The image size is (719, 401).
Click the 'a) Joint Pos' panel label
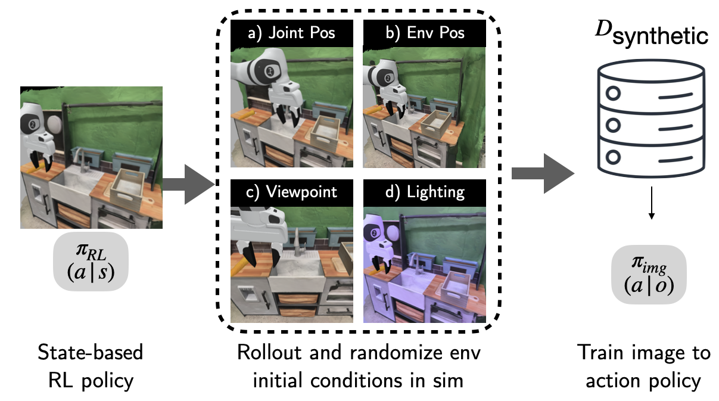pyautogui.click(x=291, y=33)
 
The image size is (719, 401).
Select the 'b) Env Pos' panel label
pyautogui.click(x=424, y=33)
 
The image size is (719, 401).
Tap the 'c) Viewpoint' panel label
pyautogui.click(x=291, y=192)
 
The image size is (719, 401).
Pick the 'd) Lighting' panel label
pyautogui.click(x=424, y=192)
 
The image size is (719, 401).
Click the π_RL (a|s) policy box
pyautogui.click(x=91, y=262)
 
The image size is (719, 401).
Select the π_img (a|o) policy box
pyautogui.click(x=649, y=275)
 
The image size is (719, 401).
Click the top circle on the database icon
pyautogui.click(x=613, y=94)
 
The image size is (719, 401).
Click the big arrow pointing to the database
pyautogui.click(x=543, y=173)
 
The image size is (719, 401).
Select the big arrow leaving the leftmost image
pyautogui.click(x=189, y=184)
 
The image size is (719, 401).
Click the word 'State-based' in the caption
pyautogui.click(x=90, y=353)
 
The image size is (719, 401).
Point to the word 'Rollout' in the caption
pyautogui.click(x=270, y=353)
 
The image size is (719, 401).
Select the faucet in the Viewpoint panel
pyautogui.click(x=297, y=244)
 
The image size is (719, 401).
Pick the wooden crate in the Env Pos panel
pyautogui.click(x=435, y=123)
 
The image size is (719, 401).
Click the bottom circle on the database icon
pyautogui.click(x=613, y=157)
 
